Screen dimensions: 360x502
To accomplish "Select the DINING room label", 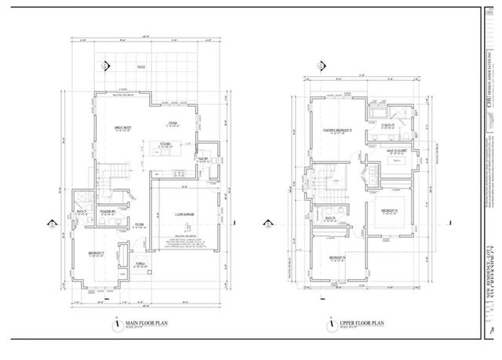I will pyautogui.click(x=173, y=122).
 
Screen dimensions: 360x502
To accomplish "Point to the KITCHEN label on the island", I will pyautogui.click(x=166, y=144).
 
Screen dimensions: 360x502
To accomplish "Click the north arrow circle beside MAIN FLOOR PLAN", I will pyautogui.click(x=115, y=323).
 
